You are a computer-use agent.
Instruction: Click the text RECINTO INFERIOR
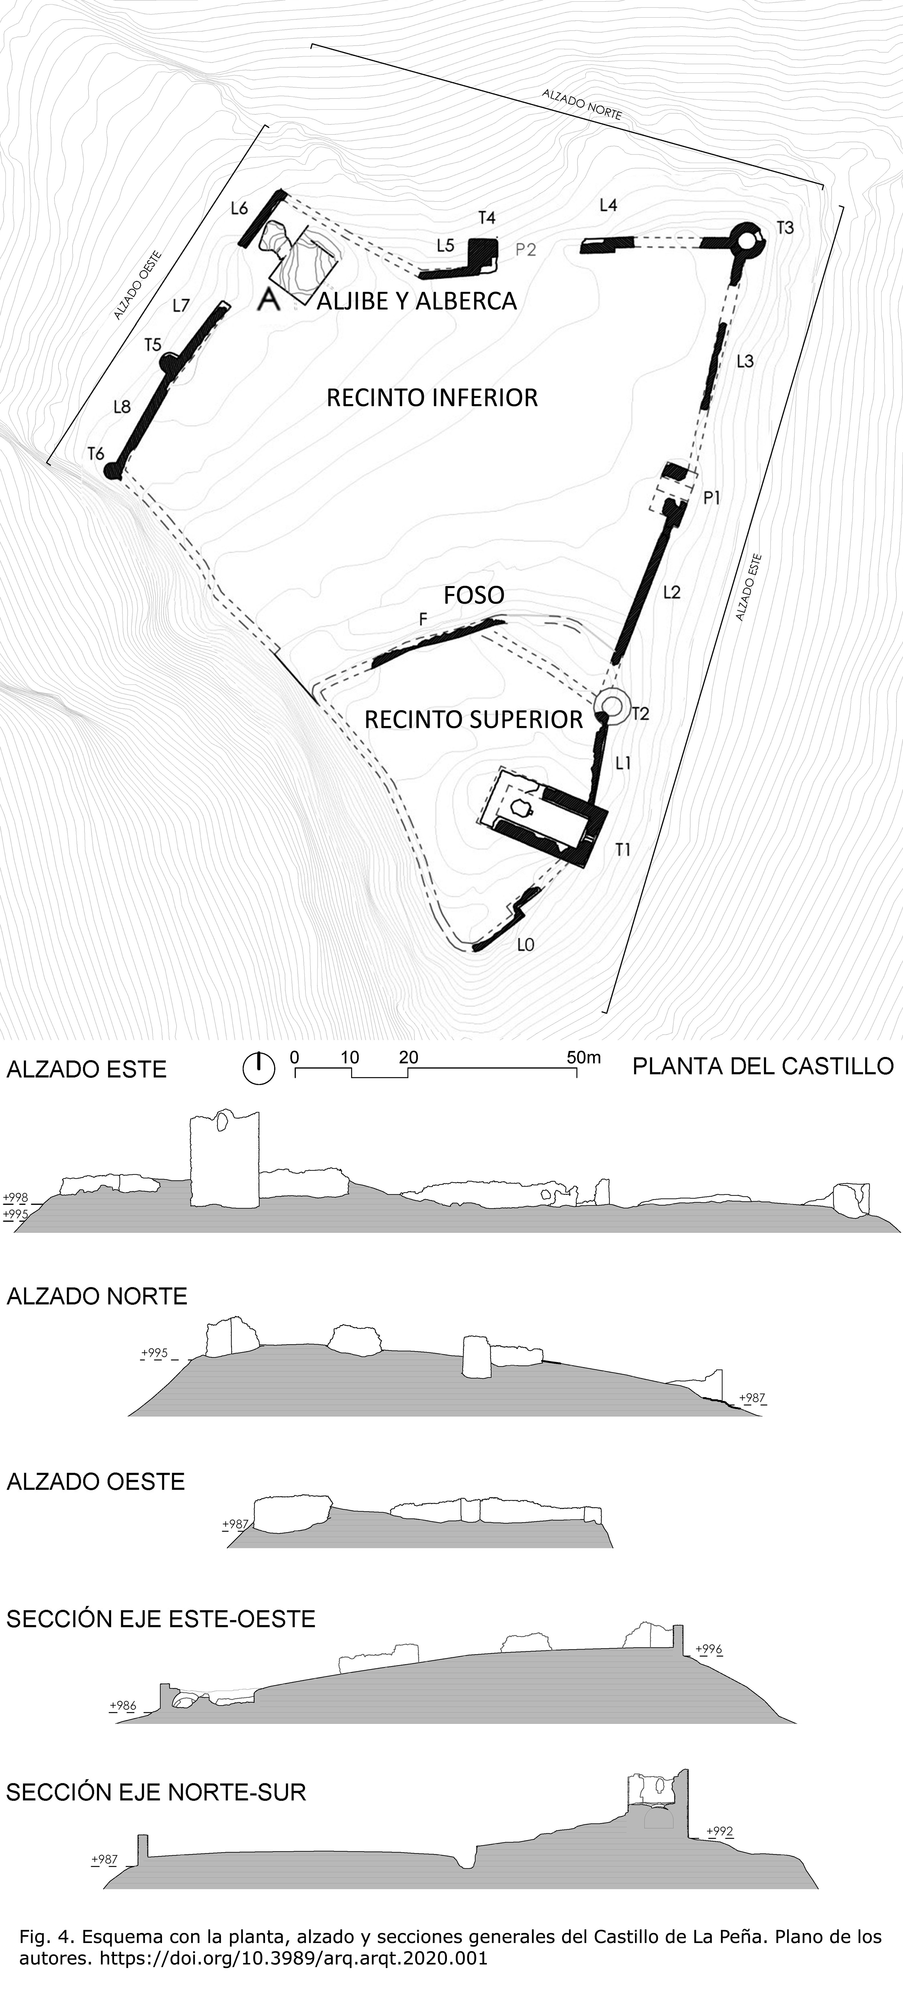432,398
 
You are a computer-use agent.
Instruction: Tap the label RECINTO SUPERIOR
473,720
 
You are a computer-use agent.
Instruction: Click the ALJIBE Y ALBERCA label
417,301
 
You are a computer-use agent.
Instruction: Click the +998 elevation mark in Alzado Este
16,1197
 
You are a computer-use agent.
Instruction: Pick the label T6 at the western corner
95,454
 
